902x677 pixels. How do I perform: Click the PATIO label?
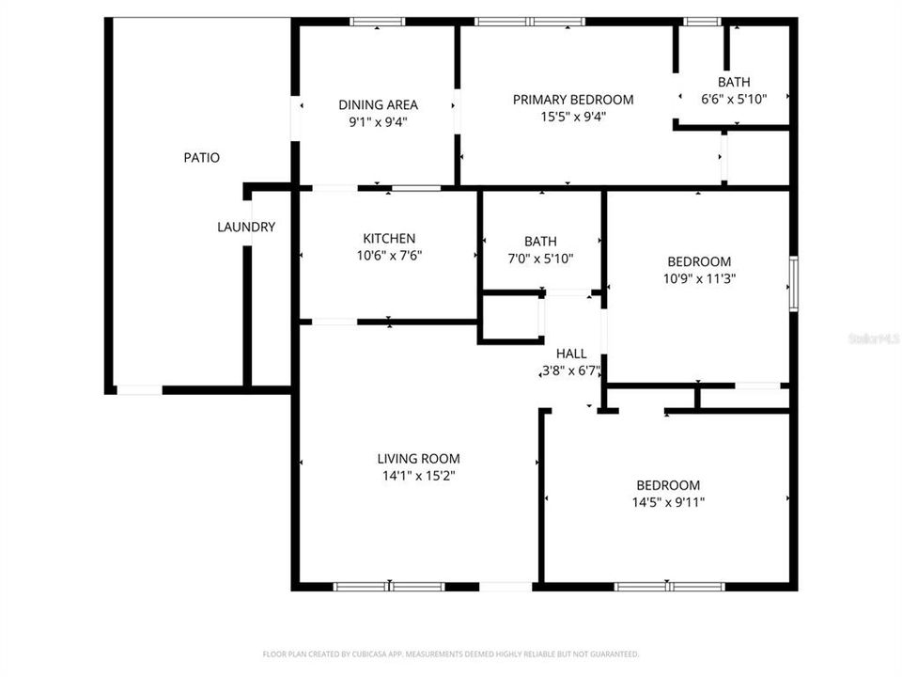point(201,158)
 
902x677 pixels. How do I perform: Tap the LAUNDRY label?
point(246,227)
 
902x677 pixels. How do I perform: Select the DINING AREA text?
point(378,104)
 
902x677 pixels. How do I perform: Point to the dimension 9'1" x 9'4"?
point(378,121)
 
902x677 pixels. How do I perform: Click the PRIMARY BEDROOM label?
point(572,100)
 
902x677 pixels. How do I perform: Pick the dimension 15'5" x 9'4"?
point(572,117)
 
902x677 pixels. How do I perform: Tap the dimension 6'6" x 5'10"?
point(734,98)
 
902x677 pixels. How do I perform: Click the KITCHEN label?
point(389,239)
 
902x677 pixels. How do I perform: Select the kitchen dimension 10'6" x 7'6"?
point(389,255)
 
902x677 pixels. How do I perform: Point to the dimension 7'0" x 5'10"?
point(540,258)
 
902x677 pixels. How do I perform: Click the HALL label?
point(571,354)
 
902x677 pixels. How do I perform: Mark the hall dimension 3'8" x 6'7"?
point(571,370)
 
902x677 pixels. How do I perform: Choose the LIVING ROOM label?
point(418,459)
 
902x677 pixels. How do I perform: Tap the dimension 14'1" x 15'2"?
point(418,476)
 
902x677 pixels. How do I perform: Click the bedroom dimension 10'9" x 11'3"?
point(698,278)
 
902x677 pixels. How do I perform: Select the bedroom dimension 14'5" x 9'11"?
point(668,502)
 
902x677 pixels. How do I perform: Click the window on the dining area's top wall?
point(378,22)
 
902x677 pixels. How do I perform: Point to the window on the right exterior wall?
point(793,283)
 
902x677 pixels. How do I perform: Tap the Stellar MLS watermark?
point(873,336)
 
